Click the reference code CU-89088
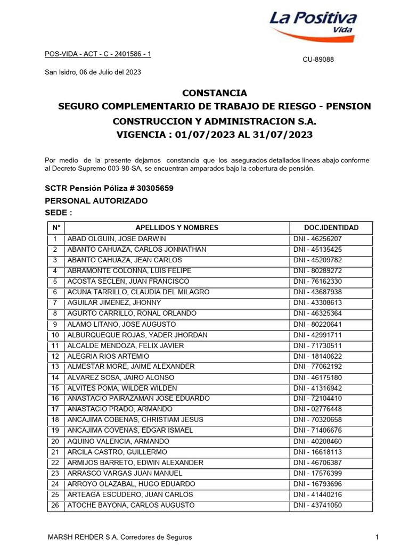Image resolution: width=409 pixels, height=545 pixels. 318,60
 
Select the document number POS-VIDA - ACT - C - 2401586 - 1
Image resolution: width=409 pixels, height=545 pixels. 97,54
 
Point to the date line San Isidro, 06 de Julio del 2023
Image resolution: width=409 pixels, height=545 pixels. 92,72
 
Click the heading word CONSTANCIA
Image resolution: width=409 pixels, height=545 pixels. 214,93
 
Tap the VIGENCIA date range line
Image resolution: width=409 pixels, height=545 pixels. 214,135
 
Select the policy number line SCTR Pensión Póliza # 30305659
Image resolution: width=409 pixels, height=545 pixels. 109,189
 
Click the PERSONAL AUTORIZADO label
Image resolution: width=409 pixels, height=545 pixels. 96,201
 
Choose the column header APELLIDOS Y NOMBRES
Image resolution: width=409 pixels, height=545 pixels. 177,228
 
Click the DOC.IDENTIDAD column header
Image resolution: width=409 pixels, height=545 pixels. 331,228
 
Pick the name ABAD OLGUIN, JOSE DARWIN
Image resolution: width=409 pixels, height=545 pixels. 117,239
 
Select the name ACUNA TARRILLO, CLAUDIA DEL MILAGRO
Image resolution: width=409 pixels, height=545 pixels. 138,292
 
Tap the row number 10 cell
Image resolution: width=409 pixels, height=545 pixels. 55,335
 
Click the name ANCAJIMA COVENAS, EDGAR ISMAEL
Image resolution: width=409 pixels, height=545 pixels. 130,430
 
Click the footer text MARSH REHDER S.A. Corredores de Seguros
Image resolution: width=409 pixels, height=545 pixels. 120,538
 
